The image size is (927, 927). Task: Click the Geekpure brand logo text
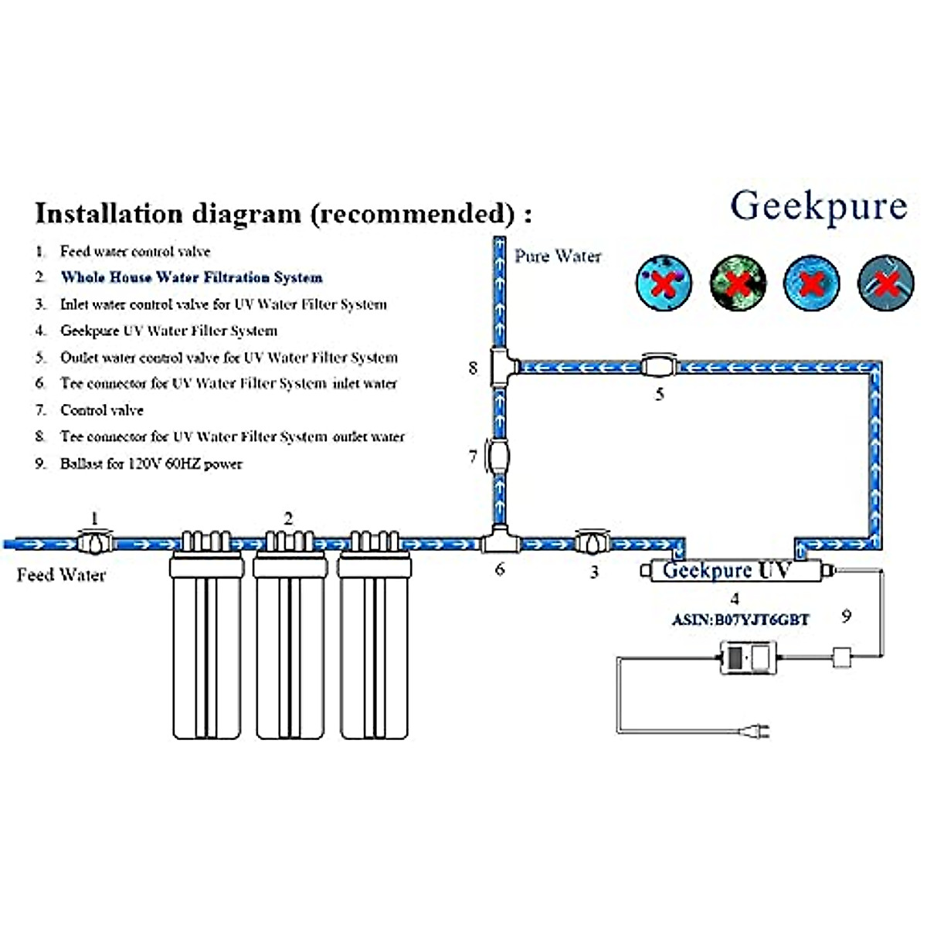[x=818, y=206]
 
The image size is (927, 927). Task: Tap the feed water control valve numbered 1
[x=95, y=542]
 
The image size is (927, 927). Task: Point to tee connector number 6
[x=500, y=541]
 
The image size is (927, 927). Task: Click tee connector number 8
[x=500, y=368]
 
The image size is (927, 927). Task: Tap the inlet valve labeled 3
[x=593, y=542]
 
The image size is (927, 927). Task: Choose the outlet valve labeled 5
[x=658, y=366]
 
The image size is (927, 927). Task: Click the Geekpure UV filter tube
[x=734, y=571]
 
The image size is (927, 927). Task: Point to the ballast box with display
[x=748, y=657]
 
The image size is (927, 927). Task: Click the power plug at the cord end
[x=756, y=731]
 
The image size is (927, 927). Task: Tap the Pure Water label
[x=558, y=256]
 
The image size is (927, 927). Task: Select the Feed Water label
[x=61, y=575]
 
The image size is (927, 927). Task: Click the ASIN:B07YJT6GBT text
[x=740, y=620]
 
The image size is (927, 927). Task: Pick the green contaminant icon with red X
[x=738, y=283]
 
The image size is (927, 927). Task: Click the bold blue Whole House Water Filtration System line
[x=192, y=277]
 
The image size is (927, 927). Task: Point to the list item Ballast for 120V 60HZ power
[x=151, y=463]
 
